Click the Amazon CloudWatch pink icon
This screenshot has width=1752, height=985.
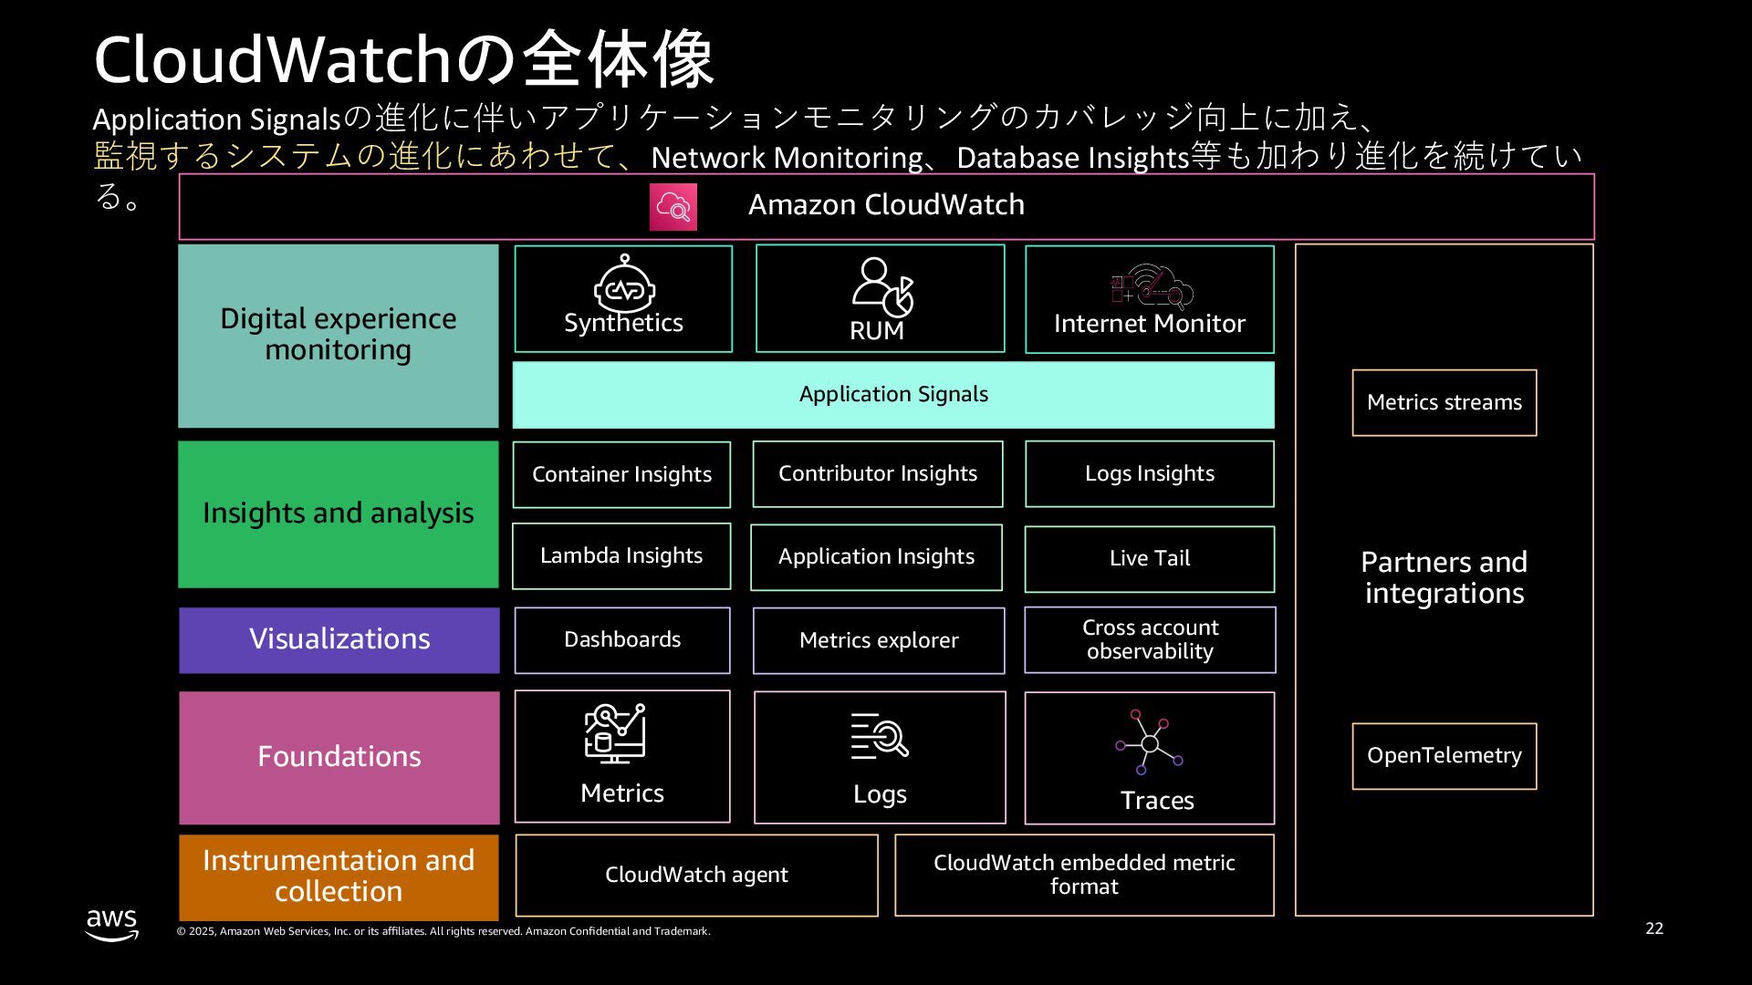tap(673, 207)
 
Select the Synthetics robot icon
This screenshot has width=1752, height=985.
tap(624, 285)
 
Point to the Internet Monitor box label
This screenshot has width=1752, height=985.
tap(1149, 324)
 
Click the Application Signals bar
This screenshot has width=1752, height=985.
tap(893, 395)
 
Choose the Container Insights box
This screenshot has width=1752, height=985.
tap(621, 474)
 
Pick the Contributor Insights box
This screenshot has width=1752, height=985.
tap(877, 474)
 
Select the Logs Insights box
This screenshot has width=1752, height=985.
tap(1149, 474)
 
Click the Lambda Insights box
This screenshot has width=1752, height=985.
tap(621, 556)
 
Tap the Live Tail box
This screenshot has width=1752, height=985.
tap(1149, 558)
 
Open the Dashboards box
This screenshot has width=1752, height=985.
tap(622, 640)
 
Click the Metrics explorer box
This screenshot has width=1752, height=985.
tap(879, 641)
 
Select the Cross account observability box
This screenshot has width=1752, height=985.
tap(1150, 640)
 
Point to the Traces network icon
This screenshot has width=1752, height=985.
tap(1149, 742)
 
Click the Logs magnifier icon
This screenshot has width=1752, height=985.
tap(880, 737)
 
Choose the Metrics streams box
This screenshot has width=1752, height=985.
tap(1444, 403)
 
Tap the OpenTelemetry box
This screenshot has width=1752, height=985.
tap(1444, 756)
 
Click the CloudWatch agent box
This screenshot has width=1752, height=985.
tap(696, 876)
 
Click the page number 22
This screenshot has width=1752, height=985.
tap(1654, 928)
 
